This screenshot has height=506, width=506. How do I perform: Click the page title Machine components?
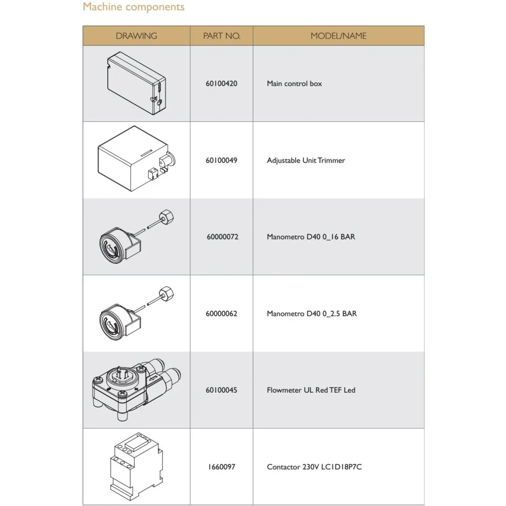point(134,7)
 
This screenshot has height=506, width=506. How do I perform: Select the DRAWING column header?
point(136,36)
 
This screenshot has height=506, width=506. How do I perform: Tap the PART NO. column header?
point(222,36)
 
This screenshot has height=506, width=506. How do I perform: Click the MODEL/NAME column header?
point(339,36)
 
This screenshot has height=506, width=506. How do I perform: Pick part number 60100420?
point(222,83)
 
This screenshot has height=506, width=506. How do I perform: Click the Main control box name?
point(294,83)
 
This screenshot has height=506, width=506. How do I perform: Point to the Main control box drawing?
point(136,82)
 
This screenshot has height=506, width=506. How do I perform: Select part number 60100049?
point(222,160)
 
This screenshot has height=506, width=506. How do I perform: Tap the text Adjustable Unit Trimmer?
point(306,160)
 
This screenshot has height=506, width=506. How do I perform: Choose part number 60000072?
point(222,237)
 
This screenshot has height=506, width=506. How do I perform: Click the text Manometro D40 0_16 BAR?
point(311,237)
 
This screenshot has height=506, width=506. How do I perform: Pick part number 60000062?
point(222,314)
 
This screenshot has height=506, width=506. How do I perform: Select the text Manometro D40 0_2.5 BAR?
point(312,314)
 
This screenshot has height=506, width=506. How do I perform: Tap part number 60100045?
point(222,391)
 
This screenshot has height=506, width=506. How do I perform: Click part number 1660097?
point(222,467)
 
